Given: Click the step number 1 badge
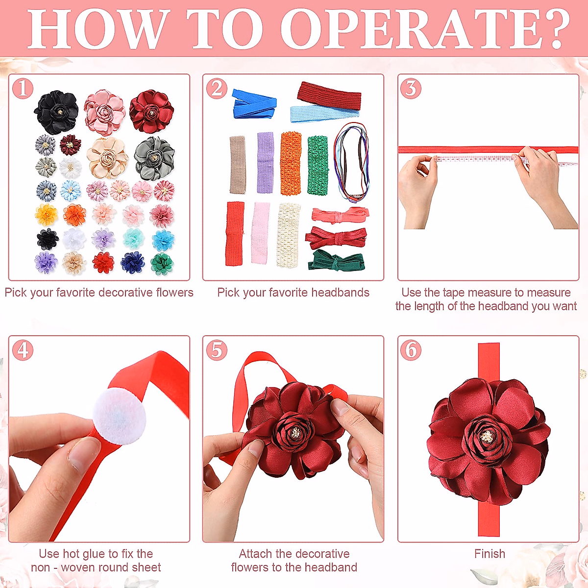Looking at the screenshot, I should [x=23, y=89].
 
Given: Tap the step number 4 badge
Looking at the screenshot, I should [x=23, y=350].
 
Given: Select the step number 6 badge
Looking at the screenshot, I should [x=411, y=350].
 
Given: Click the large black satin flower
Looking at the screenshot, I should [x=56, y=112].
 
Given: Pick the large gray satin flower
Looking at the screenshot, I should [x=154, y=158].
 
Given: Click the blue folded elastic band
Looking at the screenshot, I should [x=254, y=103].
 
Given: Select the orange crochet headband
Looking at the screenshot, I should [x=291, y=163].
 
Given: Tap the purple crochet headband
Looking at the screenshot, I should [x=265, y=162].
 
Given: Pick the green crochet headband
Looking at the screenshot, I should [x=318, y=165].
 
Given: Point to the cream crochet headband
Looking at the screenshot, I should [x=289, y=235].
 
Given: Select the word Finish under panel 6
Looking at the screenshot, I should [x=490, y=554].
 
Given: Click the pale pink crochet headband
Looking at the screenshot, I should [x=260, y=233].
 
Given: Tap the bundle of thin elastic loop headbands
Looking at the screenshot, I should [x=351, y=162].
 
